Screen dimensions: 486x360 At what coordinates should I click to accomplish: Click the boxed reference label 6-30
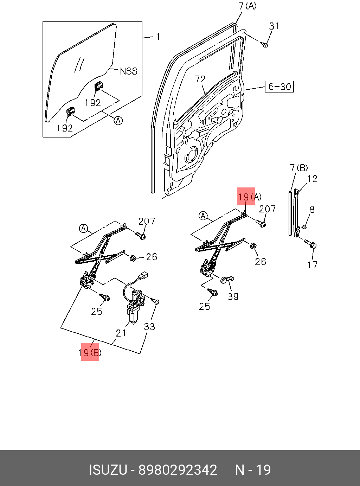click(x=279, y=87)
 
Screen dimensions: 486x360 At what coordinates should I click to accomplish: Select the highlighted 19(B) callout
click(x=90, y=352)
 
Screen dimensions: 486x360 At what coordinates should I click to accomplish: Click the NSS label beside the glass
click(x=128, y=71)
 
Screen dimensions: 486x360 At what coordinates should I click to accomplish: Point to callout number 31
click(x=274, y=26)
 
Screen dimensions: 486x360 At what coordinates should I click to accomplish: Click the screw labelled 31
click(x=265, y=45)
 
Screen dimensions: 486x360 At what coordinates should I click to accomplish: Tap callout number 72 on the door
click(x=200, y=79)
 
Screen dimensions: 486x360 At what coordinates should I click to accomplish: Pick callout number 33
click(x=149, y=327)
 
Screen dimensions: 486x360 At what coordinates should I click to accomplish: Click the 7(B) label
click(x=299, y=168)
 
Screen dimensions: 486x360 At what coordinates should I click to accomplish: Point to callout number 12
click(x=312, y=179)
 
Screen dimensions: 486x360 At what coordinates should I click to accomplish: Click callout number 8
click(x=312, y=210)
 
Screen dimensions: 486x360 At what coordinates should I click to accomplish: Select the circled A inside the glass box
click(x=118, y=121)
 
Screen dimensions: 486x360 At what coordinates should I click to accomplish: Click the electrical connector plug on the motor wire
click(x=143, y=275)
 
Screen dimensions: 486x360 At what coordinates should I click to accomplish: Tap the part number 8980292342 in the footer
click(x=178, y=470)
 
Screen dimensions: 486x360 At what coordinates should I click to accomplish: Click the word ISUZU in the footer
click(x=108, y=470)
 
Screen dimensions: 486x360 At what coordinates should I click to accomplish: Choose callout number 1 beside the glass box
click(x=159, y=37)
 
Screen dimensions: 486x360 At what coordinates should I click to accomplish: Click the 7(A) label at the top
click(x=247, y=6)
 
